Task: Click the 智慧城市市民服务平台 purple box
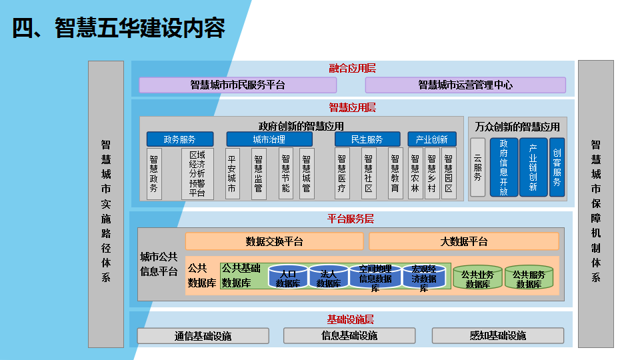point(237,85)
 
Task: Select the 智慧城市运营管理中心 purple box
point(465,85)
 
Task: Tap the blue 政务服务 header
point(180,139)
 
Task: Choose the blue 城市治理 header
point(269,139)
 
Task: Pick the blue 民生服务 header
point(368,139)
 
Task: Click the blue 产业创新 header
point(432,139)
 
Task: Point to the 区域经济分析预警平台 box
point(197,173)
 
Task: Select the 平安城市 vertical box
point(232,173)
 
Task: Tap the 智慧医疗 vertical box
point(342,173)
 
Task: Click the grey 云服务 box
point(477,167)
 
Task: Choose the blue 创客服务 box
point(557,167)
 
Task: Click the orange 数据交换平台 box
point(274,241)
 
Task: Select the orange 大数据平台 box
point(464,241)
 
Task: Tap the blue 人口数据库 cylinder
point(288,277)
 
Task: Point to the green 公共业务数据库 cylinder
point(477,277)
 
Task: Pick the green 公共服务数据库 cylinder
point(529,277)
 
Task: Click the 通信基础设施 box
point(203,336)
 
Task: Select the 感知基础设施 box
point(498,335)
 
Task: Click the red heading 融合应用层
point(353,68)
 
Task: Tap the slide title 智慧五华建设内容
point(119,29)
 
